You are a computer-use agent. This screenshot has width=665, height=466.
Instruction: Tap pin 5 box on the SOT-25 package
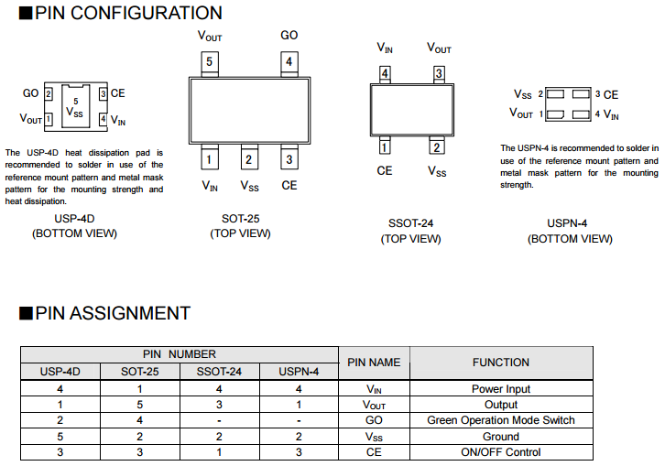pyautogui.click(x=210, y=62)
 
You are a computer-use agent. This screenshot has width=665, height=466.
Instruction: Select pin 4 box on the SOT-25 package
pyautogui.click(x=289, y=62)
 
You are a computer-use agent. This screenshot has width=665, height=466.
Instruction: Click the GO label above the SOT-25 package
pyautogui.click(x=289, y=36)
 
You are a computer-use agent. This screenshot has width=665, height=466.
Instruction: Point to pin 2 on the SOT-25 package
pyautogui.click(x=249, y=159)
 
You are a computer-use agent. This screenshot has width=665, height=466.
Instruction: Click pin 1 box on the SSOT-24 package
pyautogui.click(x=385, y=146)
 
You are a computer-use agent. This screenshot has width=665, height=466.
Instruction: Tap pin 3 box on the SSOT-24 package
pyautogui.click(x=439, y=73)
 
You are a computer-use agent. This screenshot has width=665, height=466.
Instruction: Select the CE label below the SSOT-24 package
pyautogui.click(x=385, y=171)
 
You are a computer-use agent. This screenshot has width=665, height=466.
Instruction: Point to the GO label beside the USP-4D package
pyautogui.click(x=30, y=93)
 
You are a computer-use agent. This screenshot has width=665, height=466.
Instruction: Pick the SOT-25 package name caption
pyautogui.click(x=240, y=219)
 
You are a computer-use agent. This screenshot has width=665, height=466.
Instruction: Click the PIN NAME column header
pyautogui.click(x=374, y=363)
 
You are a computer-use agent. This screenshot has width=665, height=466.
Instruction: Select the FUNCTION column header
pyautogui.click(x=500, y=363)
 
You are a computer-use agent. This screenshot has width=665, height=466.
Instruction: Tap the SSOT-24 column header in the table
pyautogui.click(x=220, y=372)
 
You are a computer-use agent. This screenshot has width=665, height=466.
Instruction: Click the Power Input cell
pyautogui.click(x=500, y=389)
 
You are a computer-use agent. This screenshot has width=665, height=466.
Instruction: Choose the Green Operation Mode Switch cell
pyautogui.click(x=500, y=420)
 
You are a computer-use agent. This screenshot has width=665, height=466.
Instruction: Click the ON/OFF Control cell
pyautogui.click(x=500, y=451)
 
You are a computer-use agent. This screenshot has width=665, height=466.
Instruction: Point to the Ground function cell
pyautogui.click(x=500, y=436)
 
